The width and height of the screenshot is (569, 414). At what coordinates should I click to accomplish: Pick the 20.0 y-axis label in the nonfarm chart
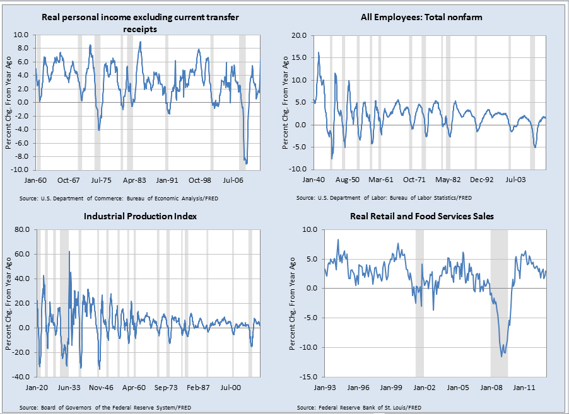tap(300, 35)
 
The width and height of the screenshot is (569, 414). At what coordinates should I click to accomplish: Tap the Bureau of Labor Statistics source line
tap(384, 197)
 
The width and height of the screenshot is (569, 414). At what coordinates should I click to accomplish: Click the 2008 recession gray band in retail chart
tap(499, 302)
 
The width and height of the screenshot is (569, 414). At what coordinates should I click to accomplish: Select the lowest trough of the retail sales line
tap(502, 357)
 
